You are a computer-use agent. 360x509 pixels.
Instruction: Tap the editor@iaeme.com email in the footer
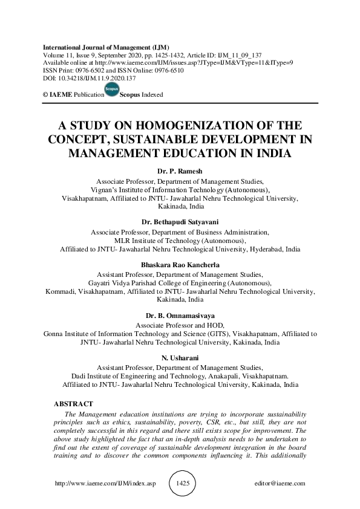click(281, 484)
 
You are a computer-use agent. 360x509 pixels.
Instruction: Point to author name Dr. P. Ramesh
click(180, 172)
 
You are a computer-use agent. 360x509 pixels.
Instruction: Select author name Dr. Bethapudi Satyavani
click(180, 222)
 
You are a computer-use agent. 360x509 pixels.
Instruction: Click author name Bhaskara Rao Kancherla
click(180, 265)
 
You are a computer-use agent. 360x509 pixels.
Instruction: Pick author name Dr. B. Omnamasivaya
click(180, 316)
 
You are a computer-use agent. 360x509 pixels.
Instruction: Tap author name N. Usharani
click(180, 358)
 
